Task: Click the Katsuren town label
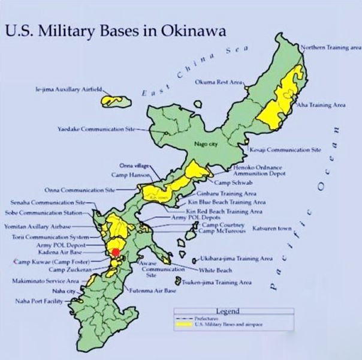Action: (x=275, y=229)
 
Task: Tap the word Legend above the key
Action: (x=228, y=311)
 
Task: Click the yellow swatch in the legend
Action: (x=183, y=324)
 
